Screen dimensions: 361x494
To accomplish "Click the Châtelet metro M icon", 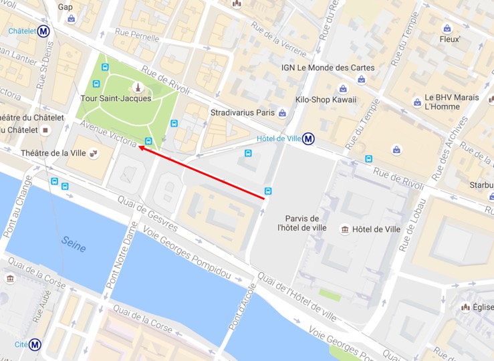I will coord(44,31).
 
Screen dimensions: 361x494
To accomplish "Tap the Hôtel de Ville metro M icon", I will coord(308,138).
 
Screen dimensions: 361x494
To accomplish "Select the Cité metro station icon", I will coord(35,345).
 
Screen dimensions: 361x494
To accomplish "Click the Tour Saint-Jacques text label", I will coord(116,98).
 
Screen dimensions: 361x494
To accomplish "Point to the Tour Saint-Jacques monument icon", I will coord(138,87).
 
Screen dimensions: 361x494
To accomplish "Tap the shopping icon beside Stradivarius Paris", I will coord(283,113).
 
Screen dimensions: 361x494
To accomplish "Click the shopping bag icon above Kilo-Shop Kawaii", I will coord(342,88).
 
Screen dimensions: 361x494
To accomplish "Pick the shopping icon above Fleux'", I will coord(447,28).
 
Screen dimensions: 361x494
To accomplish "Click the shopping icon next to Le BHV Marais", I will coord(418,102).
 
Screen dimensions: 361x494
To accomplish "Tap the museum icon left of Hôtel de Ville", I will coord(344,229).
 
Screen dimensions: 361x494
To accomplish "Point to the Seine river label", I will coord(74,244).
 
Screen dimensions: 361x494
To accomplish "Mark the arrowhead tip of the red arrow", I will coord(138,148).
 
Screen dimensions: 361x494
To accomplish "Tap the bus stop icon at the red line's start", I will coord(268,191).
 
